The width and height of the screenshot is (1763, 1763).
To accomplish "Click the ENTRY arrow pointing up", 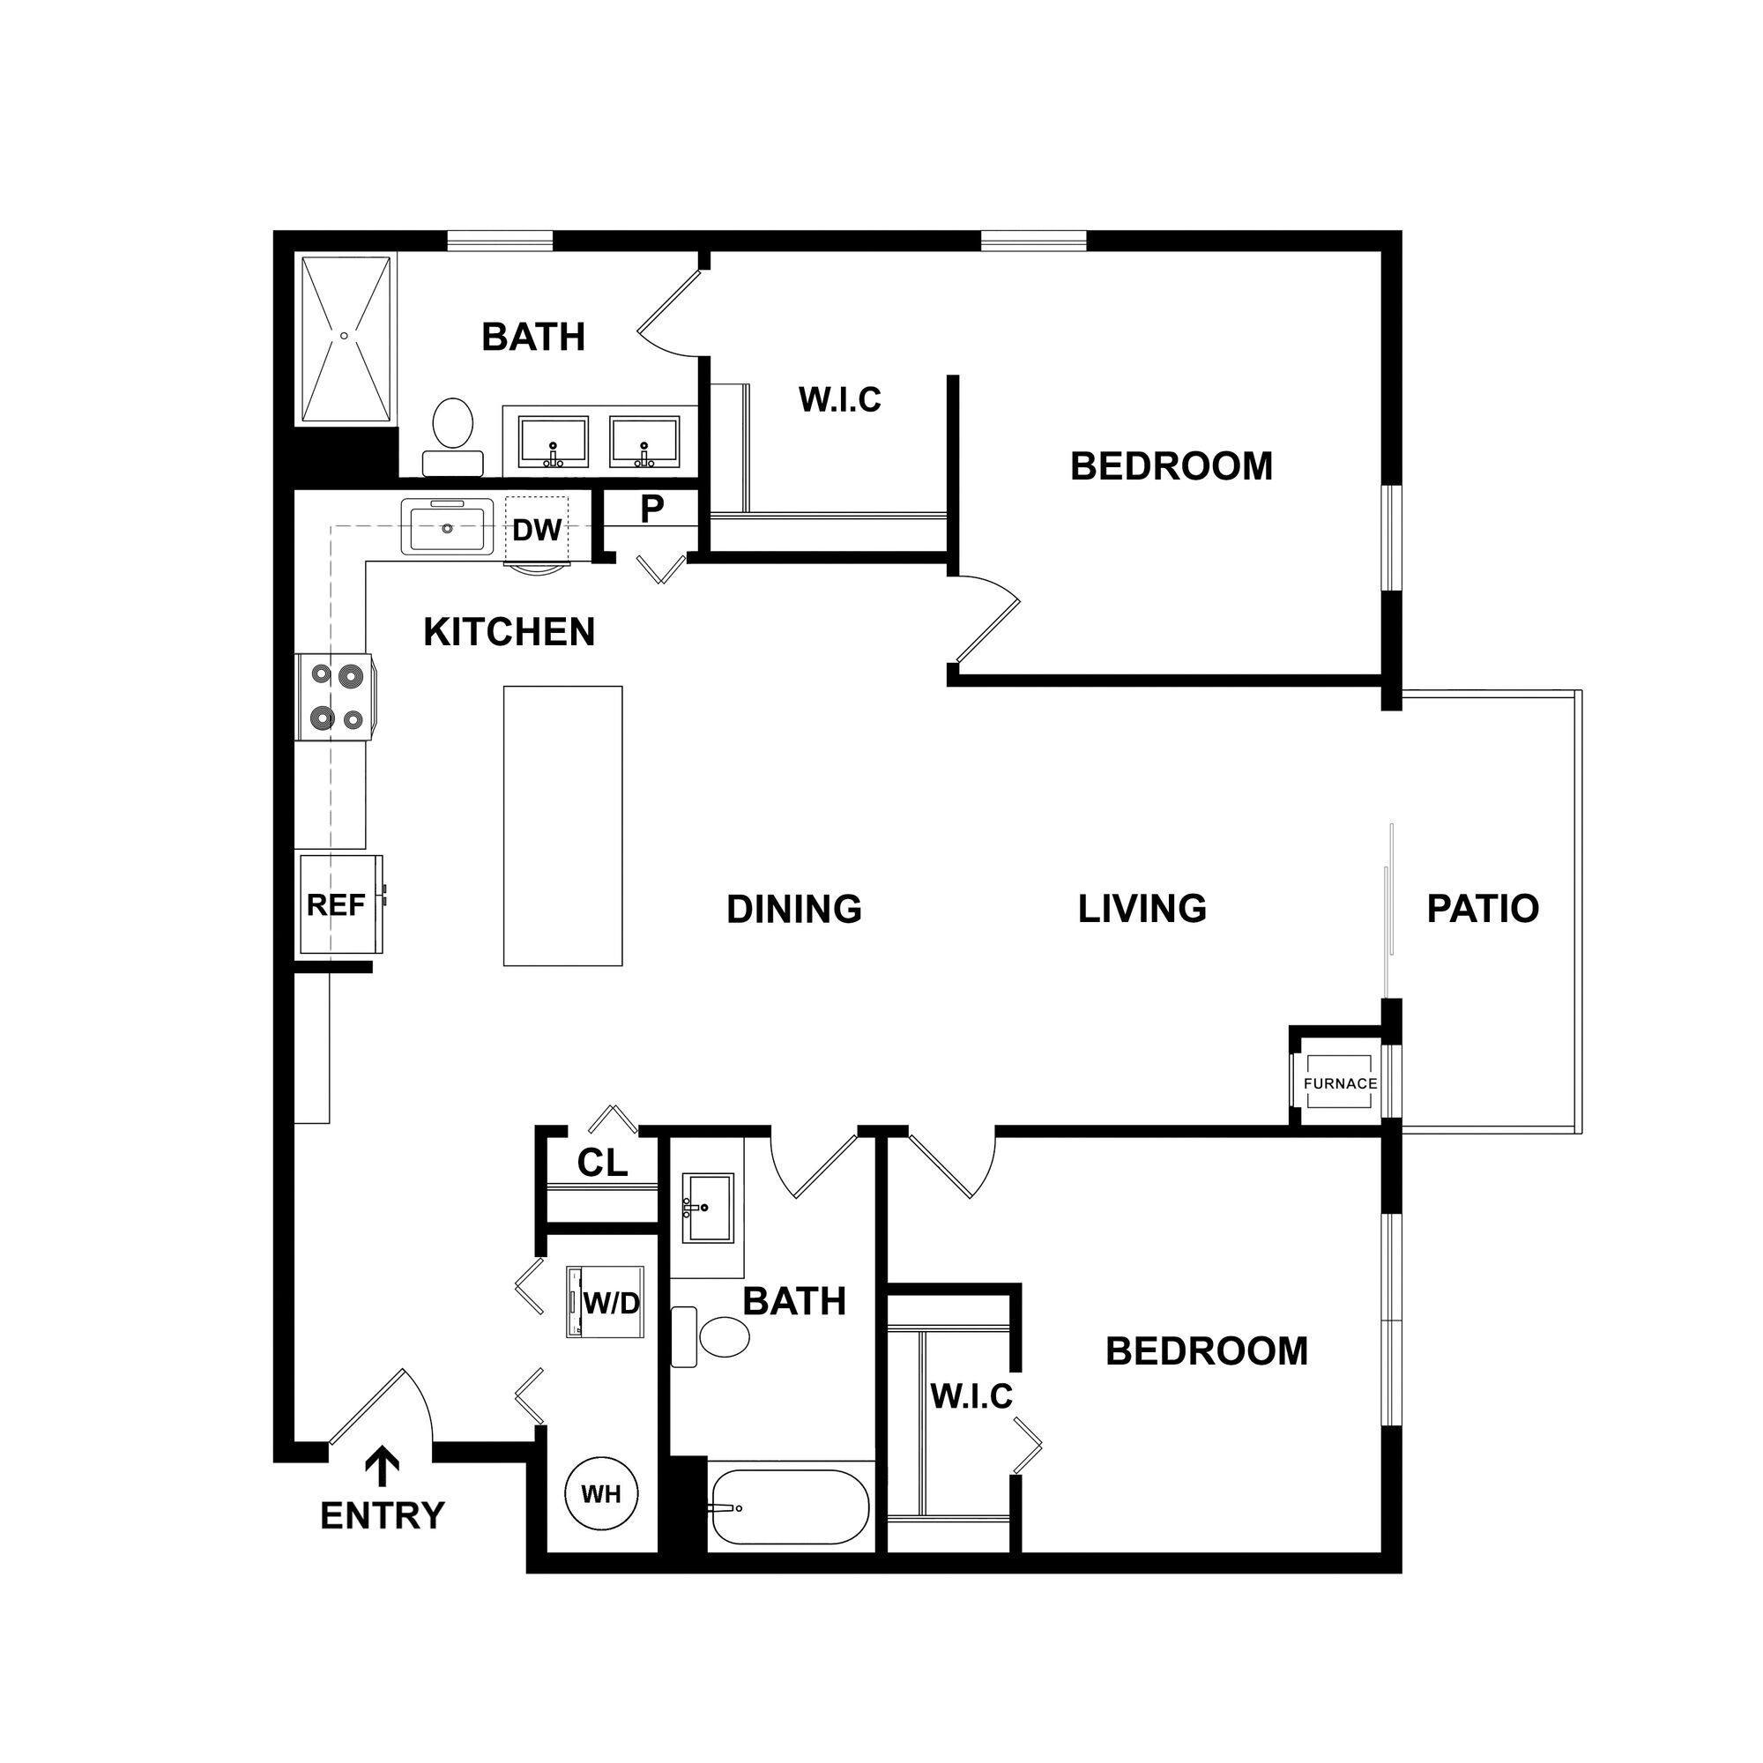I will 383,1468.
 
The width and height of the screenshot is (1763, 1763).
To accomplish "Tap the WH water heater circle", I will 600,1495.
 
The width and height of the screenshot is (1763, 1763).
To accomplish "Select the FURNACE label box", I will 1340,1083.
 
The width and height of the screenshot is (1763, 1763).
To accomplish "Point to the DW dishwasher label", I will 537,530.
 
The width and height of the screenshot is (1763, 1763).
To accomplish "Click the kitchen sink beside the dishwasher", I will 446,527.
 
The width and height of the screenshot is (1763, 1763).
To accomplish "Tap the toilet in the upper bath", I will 452,434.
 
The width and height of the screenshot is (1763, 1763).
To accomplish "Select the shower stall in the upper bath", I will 345,339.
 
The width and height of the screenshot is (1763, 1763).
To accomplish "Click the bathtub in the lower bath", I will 790,1506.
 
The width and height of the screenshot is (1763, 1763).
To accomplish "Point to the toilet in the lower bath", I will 717,1337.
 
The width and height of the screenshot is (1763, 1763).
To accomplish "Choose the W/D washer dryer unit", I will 606,1303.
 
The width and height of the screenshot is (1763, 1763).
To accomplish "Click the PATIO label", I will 1483,908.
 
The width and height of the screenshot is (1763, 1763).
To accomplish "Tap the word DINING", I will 794,909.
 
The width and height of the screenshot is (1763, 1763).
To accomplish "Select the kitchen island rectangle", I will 563,826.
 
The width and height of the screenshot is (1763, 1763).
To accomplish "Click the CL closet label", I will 602,1163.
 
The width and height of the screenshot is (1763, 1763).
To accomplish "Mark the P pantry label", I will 651,510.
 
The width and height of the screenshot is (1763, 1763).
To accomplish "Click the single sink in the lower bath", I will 708,1209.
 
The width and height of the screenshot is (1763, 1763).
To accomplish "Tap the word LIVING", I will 1142,909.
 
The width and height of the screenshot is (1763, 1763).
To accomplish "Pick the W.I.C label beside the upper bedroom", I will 839,399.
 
